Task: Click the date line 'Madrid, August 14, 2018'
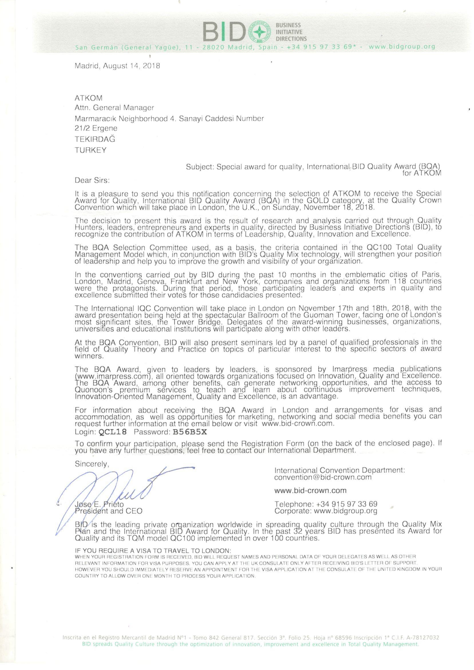pos(117,66)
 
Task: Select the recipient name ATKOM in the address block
pos(88,98)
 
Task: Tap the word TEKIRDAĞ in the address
pos(95,139)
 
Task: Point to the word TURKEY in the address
pos(90,150)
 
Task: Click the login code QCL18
pos(110,432)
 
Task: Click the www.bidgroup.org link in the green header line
pos(402,47)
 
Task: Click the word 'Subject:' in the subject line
pos(200,166)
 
